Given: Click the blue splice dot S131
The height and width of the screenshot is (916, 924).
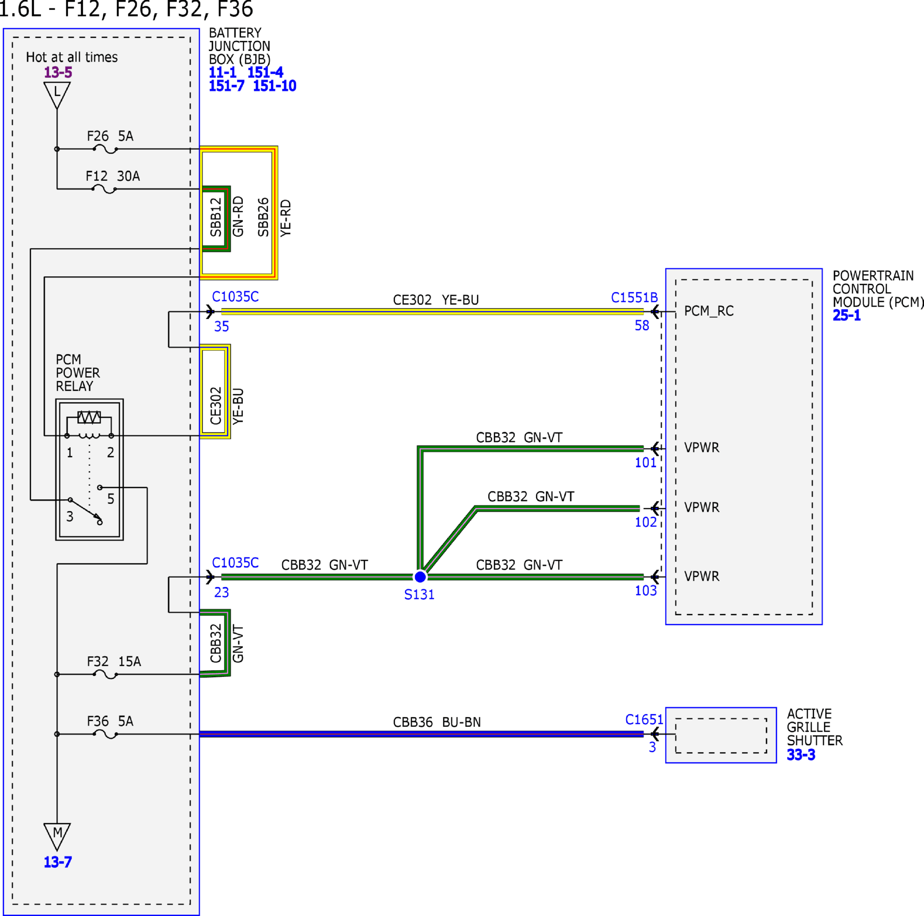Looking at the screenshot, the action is pos(420,577).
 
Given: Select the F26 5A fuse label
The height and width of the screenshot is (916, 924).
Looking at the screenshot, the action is pos(110,136).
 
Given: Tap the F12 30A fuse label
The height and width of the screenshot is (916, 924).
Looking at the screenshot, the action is pos(113,177).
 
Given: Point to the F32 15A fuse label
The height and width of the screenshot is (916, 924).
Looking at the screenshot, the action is pos(114,662).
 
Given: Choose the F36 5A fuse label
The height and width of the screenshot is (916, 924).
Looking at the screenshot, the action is pos(110,721).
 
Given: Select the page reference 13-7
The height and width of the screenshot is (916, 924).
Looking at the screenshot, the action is pos(58,862).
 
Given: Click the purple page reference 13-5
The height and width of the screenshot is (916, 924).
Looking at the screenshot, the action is pos(58,73).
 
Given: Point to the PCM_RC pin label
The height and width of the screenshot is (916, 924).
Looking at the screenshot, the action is pos(709,311).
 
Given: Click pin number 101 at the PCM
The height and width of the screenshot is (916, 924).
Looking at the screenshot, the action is pos(645,463).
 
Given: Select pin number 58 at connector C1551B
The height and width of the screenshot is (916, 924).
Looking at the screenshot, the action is pos(642,326).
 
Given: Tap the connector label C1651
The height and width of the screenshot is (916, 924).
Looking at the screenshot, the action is pos(644,720).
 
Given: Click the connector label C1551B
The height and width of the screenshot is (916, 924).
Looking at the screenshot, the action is pos(634,298).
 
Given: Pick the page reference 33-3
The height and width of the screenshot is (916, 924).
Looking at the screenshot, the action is pos(801,755).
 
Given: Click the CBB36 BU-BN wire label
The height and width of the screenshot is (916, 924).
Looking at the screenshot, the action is pos(437,723).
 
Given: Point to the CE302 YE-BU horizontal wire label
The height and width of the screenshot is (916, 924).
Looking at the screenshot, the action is pos(436,300).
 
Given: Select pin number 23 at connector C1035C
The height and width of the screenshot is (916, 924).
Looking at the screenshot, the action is pos(221,593).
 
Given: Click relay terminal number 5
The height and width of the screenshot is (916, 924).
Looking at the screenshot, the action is pos(111,499).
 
